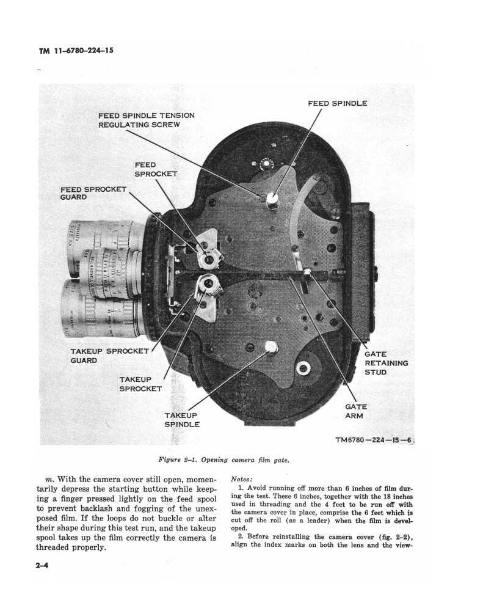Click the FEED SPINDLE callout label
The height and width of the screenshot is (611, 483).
337,103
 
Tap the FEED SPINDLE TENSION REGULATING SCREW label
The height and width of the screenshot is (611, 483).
146,120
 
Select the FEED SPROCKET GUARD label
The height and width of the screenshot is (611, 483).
93,194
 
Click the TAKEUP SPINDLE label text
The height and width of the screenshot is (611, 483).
182,420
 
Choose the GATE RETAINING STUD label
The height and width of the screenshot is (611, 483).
386,363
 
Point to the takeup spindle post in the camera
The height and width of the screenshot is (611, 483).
271,348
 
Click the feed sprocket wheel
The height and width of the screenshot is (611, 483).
209,259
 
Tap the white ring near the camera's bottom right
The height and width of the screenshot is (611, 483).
303,368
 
